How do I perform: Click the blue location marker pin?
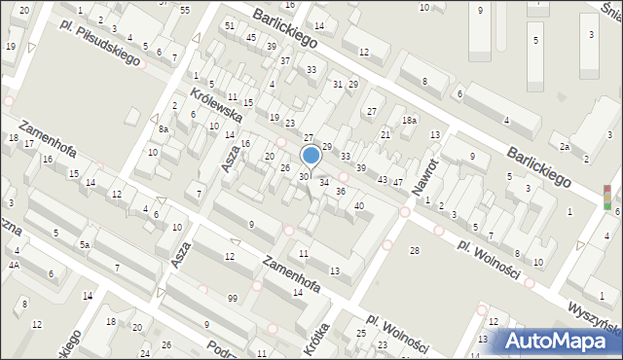coord(311,156)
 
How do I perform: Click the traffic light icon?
coord(607,198)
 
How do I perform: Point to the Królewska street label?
coord(216,106)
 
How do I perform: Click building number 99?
coord(232,297)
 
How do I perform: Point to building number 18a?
coord(410,120)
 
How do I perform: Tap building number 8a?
coord(165,128)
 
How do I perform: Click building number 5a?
coord(86,245)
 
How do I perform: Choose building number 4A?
coord(14,265)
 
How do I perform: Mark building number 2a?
coord(565,146)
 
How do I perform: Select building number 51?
coord(230,25)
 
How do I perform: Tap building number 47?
coord(397,183)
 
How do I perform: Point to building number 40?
coord(359,205)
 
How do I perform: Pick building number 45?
coord(251,37)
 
